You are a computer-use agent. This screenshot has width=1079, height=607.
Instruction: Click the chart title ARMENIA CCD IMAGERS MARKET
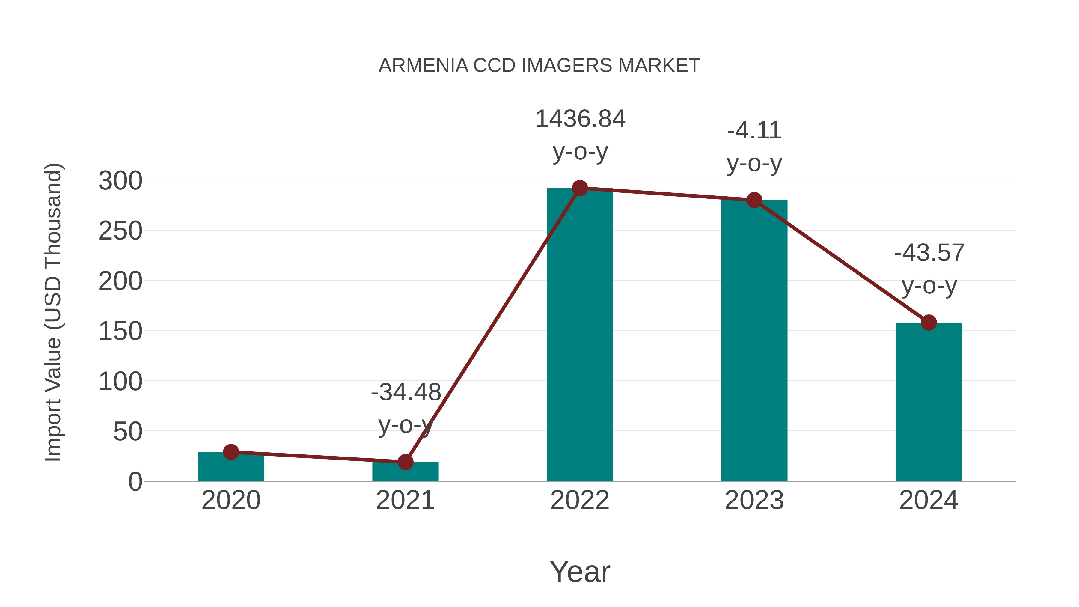pyautogui.click(x=539, y=66)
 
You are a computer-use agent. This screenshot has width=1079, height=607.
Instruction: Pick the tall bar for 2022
pyautogui.click(x=580, y=335)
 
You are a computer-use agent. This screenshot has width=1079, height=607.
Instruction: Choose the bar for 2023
pyautogui.click(x=754, y=341)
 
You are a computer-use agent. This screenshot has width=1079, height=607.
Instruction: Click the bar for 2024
pyautogui.click(x=929, y=402)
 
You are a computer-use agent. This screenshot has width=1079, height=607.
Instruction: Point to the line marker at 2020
pyautogui.click(x=231, y=452)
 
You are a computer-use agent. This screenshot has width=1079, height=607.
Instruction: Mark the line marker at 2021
pyautogui.click(x=405, y=462)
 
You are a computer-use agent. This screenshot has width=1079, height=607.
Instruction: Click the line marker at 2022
pyautogui.click(x=580, y=189)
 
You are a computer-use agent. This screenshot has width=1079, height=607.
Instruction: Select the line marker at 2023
pyautogui.click(x=754, y=200)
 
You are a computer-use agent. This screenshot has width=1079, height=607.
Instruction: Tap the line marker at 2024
pyautogui.click(x=929, y=323)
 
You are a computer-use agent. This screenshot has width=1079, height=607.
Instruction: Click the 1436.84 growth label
pyautogui.click(x=580, y=119)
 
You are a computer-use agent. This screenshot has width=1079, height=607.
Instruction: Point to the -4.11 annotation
pyautogui.click(x=754, y=131)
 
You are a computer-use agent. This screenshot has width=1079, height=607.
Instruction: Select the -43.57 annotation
pyautogui.click(x=929, y=253)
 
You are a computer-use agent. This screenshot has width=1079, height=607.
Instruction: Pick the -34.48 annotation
pyautogui.click(x=406, y=392)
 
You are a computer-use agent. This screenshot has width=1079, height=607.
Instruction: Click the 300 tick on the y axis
pyautogui.click(x=120, y=181)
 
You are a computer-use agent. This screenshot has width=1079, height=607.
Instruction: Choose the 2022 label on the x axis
pyautogui.click(x=580, y=500)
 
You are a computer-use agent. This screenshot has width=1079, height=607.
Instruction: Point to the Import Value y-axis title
pyautogui.click(x=54, y=312)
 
